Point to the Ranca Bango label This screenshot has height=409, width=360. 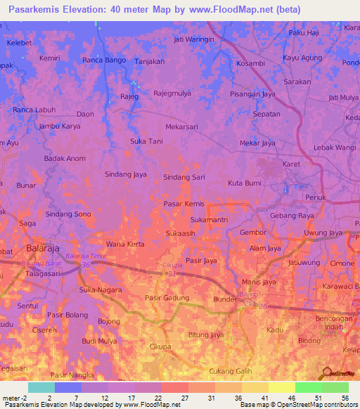[104, 60]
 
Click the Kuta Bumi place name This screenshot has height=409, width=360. [245, 183]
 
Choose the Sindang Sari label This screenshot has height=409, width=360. [184, 178]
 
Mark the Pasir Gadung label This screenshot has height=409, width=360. [167, 298]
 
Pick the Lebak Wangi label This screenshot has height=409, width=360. [335, 147]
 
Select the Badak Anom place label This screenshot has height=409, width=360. [65, 158]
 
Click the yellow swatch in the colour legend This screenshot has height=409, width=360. [281, 387]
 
